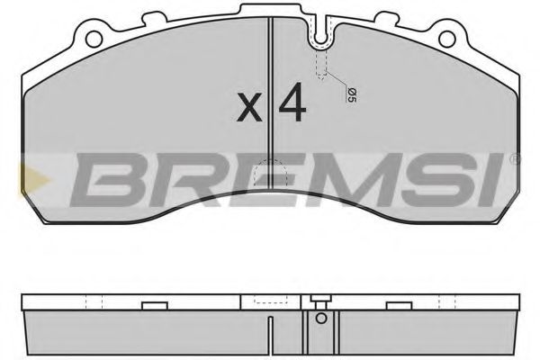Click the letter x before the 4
coord(250,111)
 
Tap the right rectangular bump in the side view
coord(444,302)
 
